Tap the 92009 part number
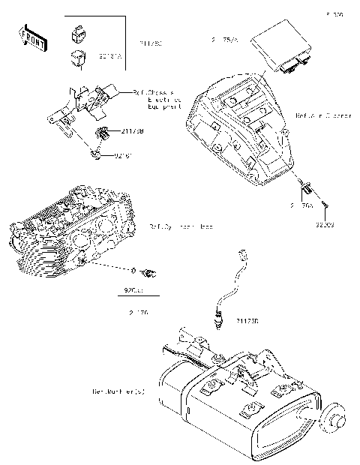click(x=324, y=223)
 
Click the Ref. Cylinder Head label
click(x=181, y=226)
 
